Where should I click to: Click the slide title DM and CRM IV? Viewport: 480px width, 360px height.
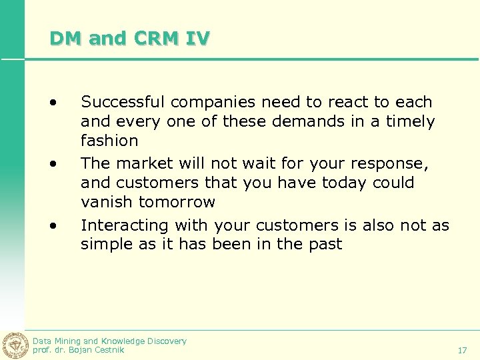click(129, 39)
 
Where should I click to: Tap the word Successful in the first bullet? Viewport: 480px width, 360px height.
click(123, 103)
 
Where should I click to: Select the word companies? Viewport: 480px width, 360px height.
click(213, 103)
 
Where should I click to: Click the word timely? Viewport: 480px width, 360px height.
click(413, 122)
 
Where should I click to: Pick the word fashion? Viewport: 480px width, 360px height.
click(109, 141)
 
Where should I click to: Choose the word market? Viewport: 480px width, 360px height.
click(142, 163)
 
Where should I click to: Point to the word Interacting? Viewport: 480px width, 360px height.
click(124, 225)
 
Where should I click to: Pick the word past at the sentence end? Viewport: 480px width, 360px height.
click(325, 245)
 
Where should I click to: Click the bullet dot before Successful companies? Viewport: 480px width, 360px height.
click(51, 103)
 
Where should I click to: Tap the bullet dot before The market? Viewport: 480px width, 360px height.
click(51, 164)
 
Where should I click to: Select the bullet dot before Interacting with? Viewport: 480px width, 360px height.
click(51, 225)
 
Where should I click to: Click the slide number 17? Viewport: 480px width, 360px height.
click(463, 350)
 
